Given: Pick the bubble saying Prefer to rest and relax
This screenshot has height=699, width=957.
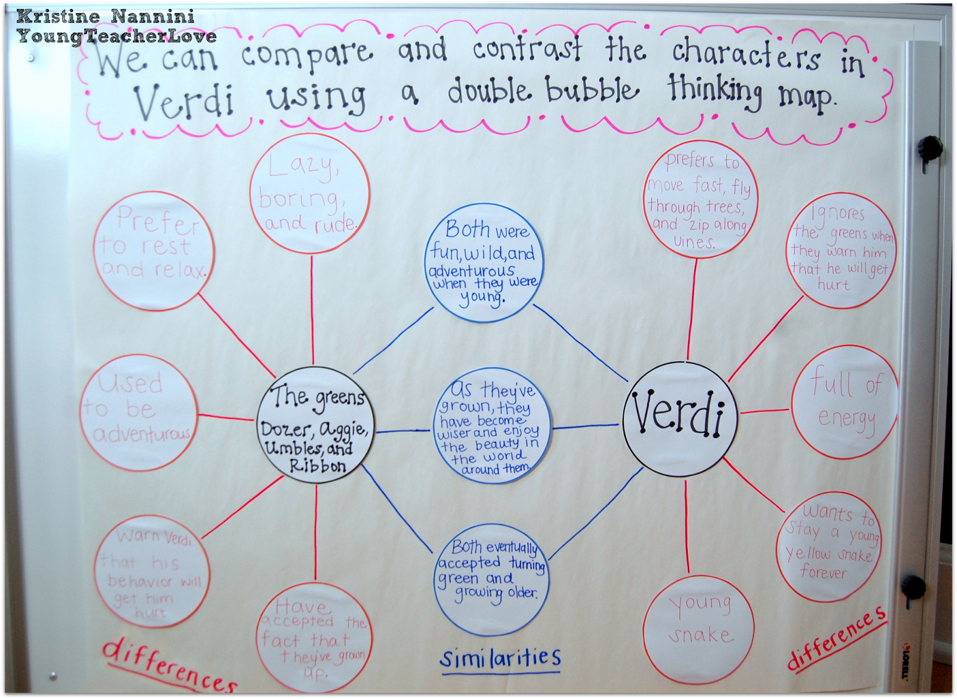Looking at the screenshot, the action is [154, 251].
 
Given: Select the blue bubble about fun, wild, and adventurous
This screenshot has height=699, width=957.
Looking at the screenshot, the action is [483, 265].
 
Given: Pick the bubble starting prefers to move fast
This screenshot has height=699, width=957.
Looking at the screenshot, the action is [699, 202].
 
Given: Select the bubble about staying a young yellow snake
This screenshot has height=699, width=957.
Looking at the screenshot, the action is [830, 543].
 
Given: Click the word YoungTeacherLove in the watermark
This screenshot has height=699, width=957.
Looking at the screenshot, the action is [117, 36].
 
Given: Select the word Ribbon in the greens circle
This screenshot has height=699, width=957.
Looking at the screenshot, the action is [318, 466].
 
